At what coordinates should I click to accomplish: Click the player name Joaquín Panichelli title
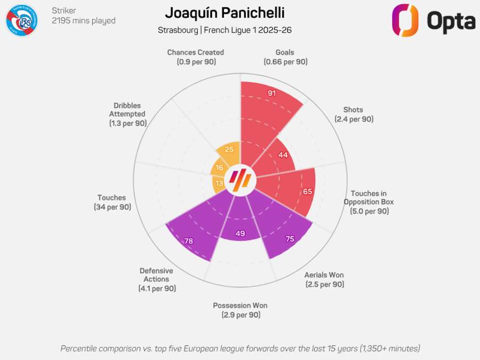click(225, 13)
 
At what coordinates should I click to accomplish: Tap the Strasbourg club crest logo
click(21, 20)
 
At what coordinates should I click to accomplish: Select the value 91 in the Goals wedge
click(272, 93)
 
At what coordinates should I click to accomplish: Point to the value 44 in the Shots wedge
click(283, 155)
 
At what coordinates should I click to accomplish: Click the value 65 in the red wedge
click(307, 191)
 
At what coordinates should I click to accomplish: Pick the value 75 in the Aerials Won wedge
click(290, 239)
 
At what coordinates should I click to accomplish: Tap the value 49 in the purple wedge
click(239, 233)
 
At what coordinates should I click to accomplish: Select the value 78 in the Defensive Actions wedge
click(188, 241)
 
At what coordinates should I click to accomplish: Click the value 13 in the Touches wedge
click(219, 183)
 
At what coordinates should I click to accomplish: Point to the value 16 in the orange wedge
click(219, 167)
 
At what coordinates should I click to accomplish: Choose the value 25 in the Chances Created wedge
click(230, 150)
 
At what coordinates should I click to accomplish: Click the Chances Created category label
click(195, 57)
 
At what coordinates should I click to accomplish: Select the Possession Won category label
click(240, 310)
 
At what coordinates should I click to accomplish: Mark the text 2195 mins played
click(84, 21)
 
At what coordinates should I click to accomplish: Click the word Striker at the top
click(64, 10)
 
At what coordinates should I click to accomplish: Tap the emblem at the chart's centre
click(239, 181)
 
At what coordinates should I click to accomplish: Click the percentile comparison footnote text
click(240, 348)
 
